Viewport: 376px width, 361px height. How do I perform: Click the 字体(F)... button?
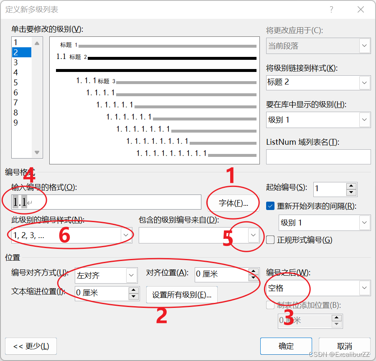point(233,203)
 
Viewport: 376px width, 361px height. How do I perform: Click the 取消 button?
point(345,346)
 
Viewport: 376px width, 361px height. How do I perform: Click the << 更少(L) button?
point(31,346)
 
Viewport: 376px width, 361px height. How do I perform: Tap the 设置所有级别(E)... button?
point(182,294)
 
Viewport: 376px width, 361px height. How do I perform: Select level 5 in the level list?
point(16,82)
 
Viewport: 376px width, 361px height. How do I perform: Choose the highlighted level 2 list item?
point(22,52)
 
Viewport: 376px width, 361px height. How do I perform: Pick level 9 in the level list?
point(16,123)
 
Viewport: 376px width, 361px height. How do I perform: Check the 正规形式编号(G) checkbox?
point(270,240)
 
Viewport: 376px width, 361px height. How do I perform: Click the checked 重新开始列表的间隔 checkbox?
point(270,206)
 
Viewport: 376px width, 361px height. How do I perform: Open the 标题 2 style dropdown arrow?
point(364,83)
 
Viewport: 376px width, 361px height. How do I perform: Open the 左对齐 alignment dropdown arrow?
point(132,275)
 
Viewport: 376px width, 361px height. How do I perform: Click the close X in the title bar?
point(361,10)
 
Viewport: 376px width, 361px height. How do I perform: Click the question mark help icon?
point(331,10)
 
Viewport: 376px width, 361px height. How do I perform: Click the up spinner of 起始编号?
point(351,186)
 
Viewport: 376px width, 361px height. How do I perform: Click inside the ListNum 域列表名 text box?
point(318,157)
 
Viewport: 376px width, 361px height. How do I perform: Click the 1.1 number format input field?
point(106,202)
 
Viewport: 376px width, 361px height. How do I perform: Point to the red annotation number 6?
point(64,235)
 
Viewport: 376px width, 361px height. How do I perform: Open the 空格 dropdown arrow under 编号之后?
point(364,287)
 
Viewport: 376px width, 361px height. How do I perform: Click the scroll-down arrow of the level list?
point(37,152)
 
